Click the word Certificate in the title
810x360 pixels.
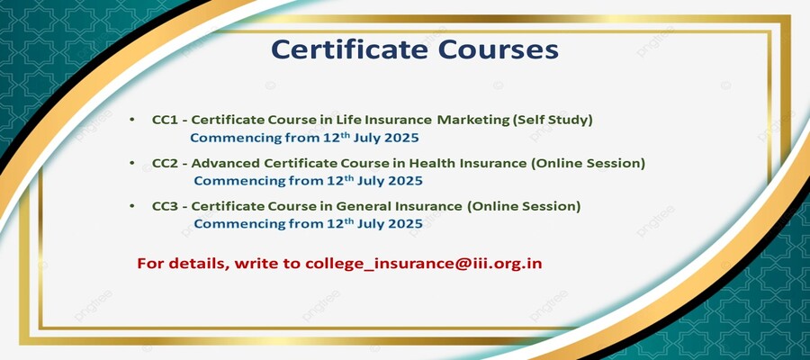pos(350,49)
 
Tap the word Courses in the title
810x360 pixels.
pos(499,50)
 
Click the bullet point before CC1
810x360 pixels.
pos(132,120)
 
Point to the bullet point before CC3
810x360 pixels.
pos(132,206)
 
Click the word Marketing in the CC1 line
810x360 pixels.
pos(472,121)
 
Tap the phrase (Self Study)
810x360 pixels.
pos(553,121)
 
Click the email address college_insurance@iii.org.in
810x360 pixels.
pos(424,264)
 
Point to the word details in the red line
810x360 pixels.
pos(202,264)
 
